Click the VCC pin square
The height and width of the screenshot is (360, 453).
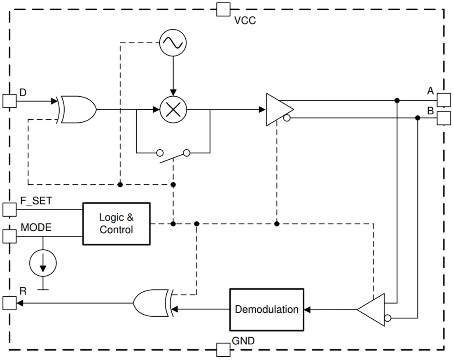pyautogui.click(x=223, y=9)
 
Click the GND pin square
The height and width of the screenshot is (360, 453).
pyautogui.click(x=223, y=350)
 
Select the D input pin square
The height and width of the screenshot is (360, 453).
pyautogui.click(x=9, y=101)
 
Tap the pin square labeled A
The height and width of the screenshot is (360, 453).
pyautogui.click(x=443, y=100)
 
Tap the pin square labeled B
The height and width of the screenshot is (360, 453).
pyautogui.click(x=443, y=118)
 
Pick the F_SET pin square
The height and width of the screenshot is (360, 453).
pyautogui.click(x=9, y=209)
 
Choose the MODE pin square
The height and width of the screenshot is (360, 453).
pyautogui.click(x=9, y=236)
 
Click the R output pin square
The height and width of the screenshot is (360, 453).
pyautogui.click(x=9, y=303)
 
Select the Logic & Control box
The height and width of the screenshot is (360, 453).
pyautogui.click(x=116, y=224)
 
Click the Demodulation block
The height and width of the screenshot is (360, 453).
pyautogui.click(x=266, y=309)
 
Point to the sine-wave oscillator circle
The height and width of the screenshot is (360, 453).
pyautogui.click(x=173, y=42)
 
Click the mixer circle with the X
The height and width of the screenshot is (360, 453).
pyautogui.click(x=173, y=110)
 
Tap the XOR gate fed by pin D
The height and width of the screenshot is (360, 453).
pyautogui.click(x=77, y=110)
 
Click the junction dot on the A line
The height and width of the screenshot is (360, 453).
pyautogui.click(x=397, y=100)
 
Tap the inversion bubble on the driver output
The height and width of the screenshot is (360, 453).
pyautogui.click(x=286, y=118)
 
